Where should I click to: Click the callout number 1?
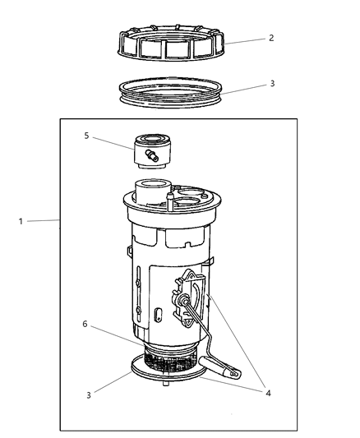pyautogui.click(x=19, y=220)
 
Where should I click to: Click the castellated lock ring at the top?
pyautogui.click(x=170, y=46)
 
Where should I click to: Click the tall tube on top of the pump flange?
pyautogui.click(x=151, y=197)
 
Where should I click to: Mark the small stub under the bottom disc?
pyautogui.click(x=167, y=383)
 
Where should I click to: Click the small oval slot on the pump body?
pyautogui.click(x=157, y=313)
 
